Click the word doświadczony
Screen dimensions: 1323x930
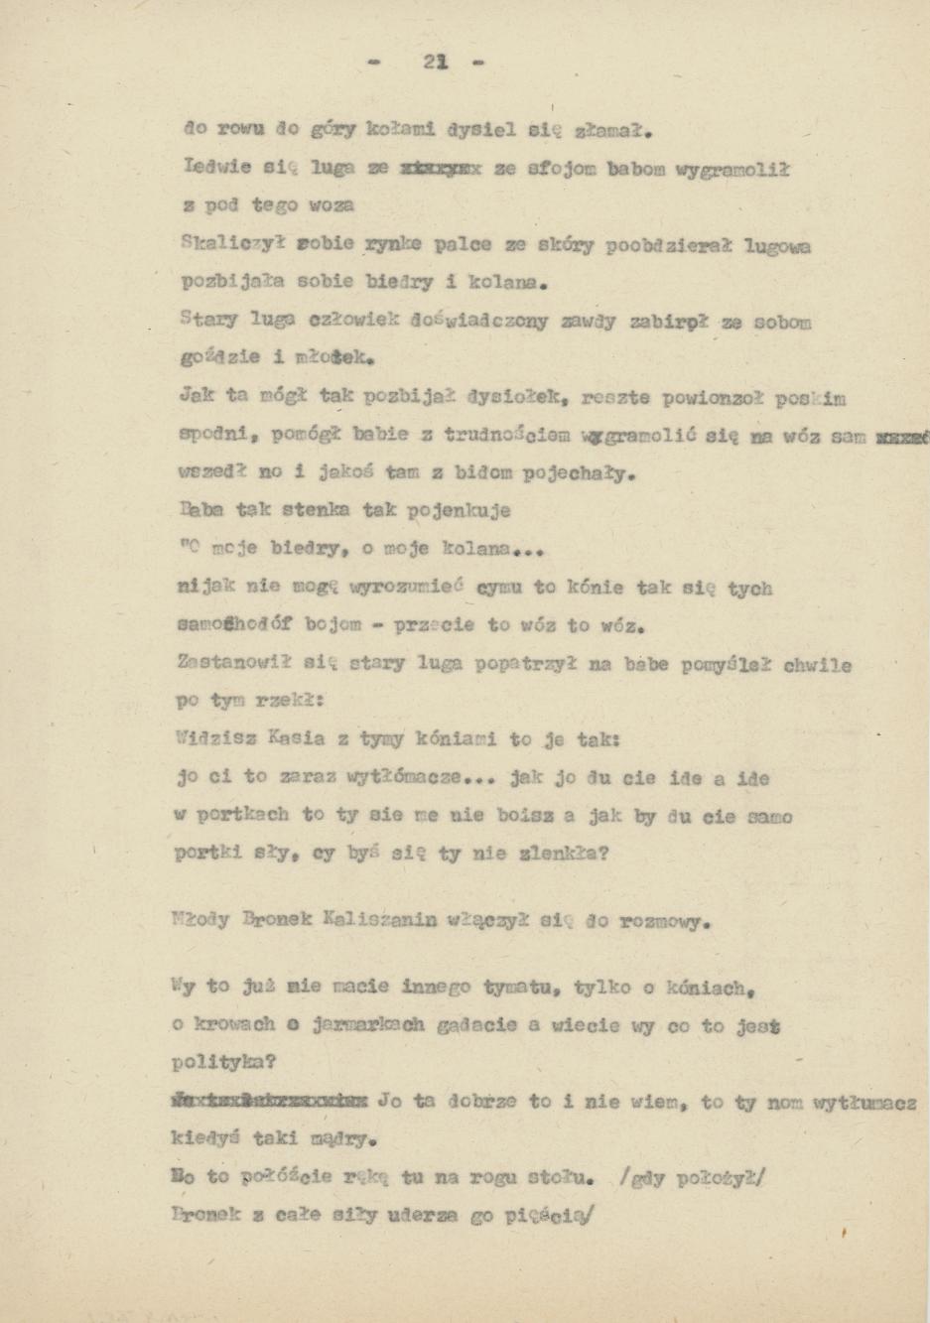(x=466, y=322)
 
